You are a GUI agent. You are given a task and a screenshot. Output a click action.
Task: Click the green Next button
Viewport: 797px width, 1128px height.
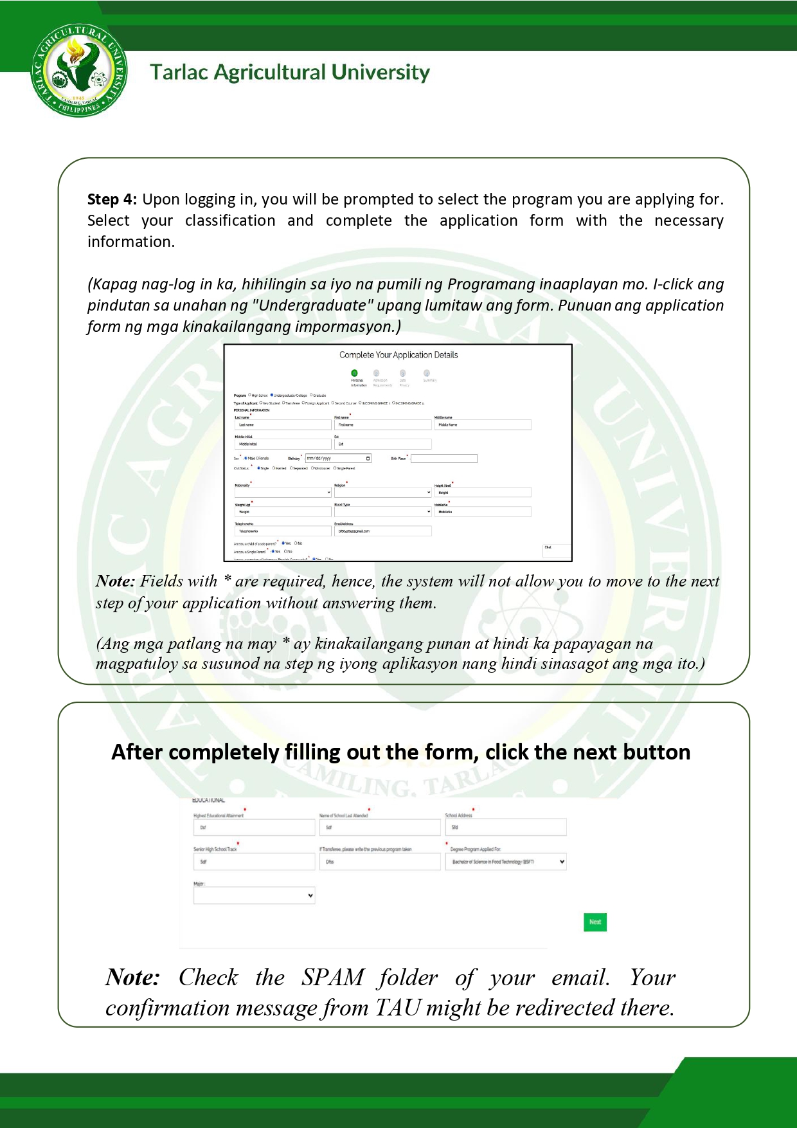595,922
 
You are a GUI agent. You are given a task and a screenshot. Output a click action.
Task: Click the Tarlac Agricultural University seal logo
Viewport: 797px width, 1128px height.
79,71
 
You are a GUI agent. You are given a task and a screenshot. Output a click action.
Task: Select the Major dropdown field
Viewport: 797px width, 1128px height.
254,895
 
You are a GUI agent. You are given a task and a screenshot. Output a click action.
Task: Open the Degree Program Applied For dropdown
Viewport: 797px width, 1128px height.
506,862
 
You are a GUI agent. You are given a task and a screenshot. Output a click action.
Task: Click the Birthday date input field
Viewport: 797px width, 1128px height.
338,459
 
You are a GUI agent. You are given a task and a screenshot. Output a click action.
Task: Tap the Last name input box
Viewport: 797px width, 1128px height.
283,425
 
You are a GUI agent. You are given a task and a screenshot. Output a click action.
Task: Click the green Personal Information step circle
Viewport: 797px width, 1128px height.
354,373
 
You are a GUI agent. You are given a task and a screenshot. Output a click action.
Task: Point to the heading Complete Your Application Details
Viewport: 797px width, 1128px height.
398,355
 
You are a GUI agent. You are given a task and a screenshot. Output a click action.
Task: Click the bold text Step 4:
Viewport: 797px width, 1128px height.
112,199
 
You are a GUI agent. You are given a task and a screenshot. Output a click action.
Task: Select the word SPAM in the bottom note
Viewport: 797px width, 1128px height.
333,978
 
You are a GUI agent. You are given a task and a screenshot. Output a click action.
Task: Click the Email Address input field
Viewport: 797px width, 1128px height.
382,531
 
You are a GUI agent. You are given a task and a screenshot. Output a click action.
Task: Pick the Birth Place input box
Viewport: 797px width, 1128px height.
443,459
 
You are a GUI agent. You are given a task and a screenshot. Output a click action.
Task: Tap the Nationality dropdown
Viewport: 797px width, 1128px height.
283,493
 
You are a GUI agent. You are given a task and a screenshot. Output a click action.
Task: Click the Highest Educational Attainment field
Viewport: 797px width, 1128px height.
254,828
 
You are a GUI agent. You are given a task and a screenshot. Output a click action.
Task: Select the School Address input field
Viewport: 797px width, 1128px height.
506,828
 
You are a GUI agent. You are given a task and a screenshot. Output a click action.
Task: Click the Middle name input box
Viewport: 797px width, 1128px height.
483,425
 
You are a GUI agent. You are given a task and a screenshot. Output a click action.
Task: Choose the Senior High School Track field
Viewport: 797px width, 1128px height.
254,862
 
